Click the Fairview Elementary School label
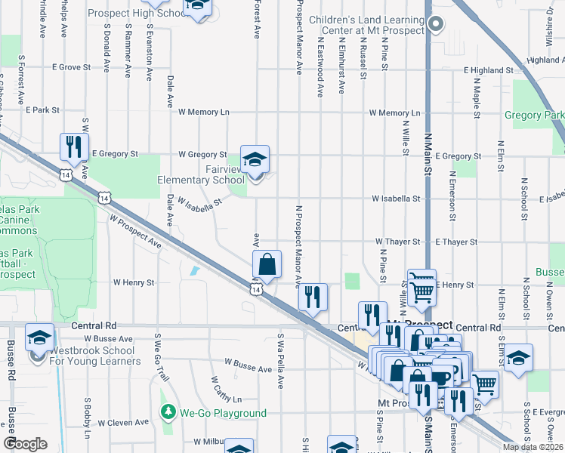(x=201, y=175)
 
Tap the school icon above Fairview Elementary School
(x=255, y=160)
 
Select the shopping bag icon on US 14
(x=267, y=265)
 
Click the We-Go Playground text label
(x=223, y=413)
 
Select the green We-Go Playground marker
(x=168, y=413)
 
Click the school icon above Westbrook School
(x=39, y=338)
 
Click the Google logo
(x=26, y=443)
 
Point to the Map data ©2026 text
(x=533, y=447)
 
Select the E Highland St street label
(x=489, y=70)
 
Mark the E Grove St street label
(x=72, y=67)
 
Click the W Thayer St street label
(x=398, y=242)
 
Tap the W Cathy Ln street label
(x=224, y=390)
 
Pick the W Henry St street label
(x=134, y=282)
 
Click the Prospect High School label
(x=137, y=14)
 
